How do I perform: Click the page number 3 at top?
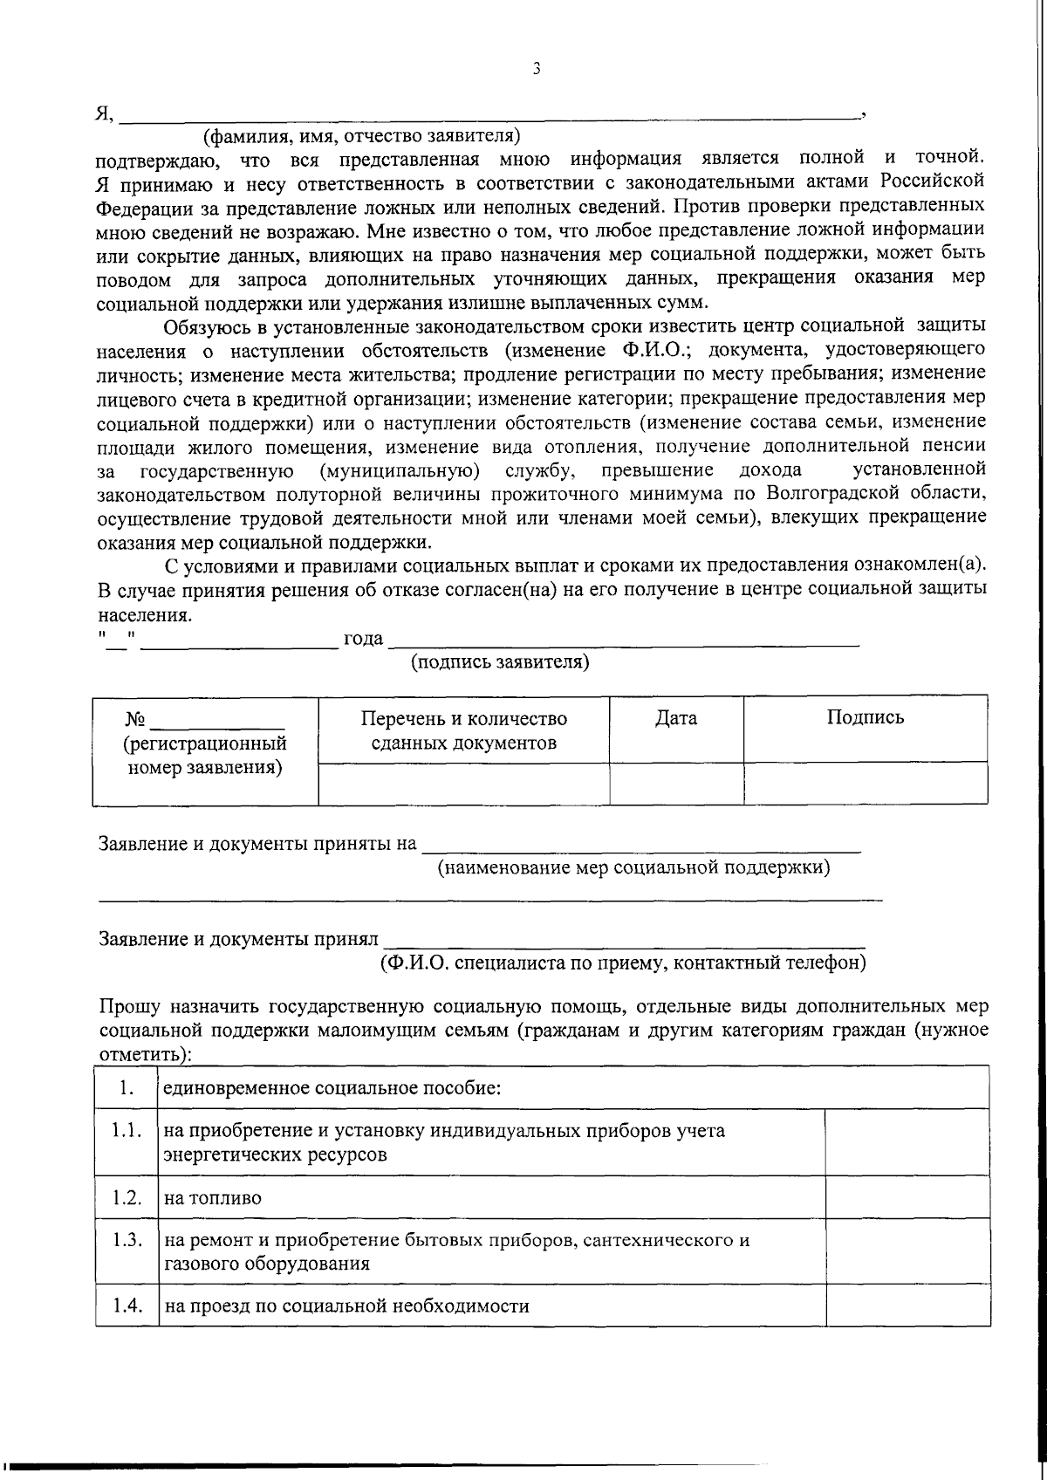[536, 69]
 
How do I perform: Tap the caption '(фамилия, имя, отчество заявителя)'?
[361, 136]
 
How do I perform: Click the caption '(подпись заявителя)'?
[500, 662]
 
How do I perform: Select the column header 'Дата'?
[676, 718]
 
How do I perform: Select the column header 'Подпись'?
[865, 717]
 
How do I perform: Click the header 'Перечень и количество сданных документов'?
[463, 730]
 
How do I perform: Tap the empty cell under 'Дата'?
[676, 783]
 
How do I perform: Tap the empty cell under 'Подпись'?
[865, 783]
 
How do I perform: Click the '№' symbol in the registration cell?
[134, 720]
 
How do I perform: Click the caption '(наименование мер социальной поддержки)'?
[633, 867]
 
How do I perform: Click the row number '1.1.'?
[127, 1131]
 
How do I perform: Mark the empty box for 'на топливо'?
[907, 1197]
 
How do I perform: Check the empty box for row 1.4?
[907, 1305]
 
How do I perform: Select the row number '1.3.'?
[127, 1239]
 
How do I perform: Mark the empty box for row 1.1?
[907, 1142]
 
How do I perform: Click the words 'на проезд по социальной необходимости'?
[346, 1306]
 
